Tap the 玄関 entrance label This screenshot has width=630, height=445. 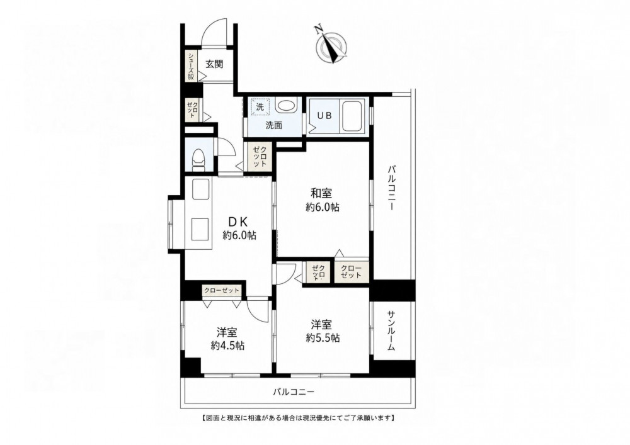(215, 64)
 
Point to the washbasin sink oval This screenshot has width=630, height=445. (286, 106)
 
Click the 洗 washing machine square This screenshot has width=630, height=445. (260, 107)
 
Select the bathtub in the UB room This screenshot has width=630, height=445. (352, 116)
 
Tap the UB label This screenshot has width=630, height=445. (324, 116)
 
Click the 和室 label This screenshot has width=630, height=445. (321, 193)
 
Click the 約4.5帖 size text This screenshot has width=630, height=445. (227, 345)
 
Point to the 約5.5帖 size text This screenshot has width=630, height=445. (322, 338)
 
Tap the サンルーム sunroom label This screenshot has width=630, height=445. (392, 330)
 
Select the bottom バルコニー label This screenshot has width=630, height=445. (294, 392)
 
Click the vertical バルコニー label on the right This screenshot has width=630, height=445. (391, 188)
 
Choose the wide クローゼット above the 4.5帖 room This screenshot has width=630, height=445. (221, 291)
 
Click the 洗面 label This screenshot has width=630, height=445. (273, 125)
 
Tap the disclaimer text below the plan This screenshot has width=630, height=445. (297, 418)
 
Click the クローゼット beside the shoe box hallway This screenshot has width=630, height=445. (192, 109)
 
